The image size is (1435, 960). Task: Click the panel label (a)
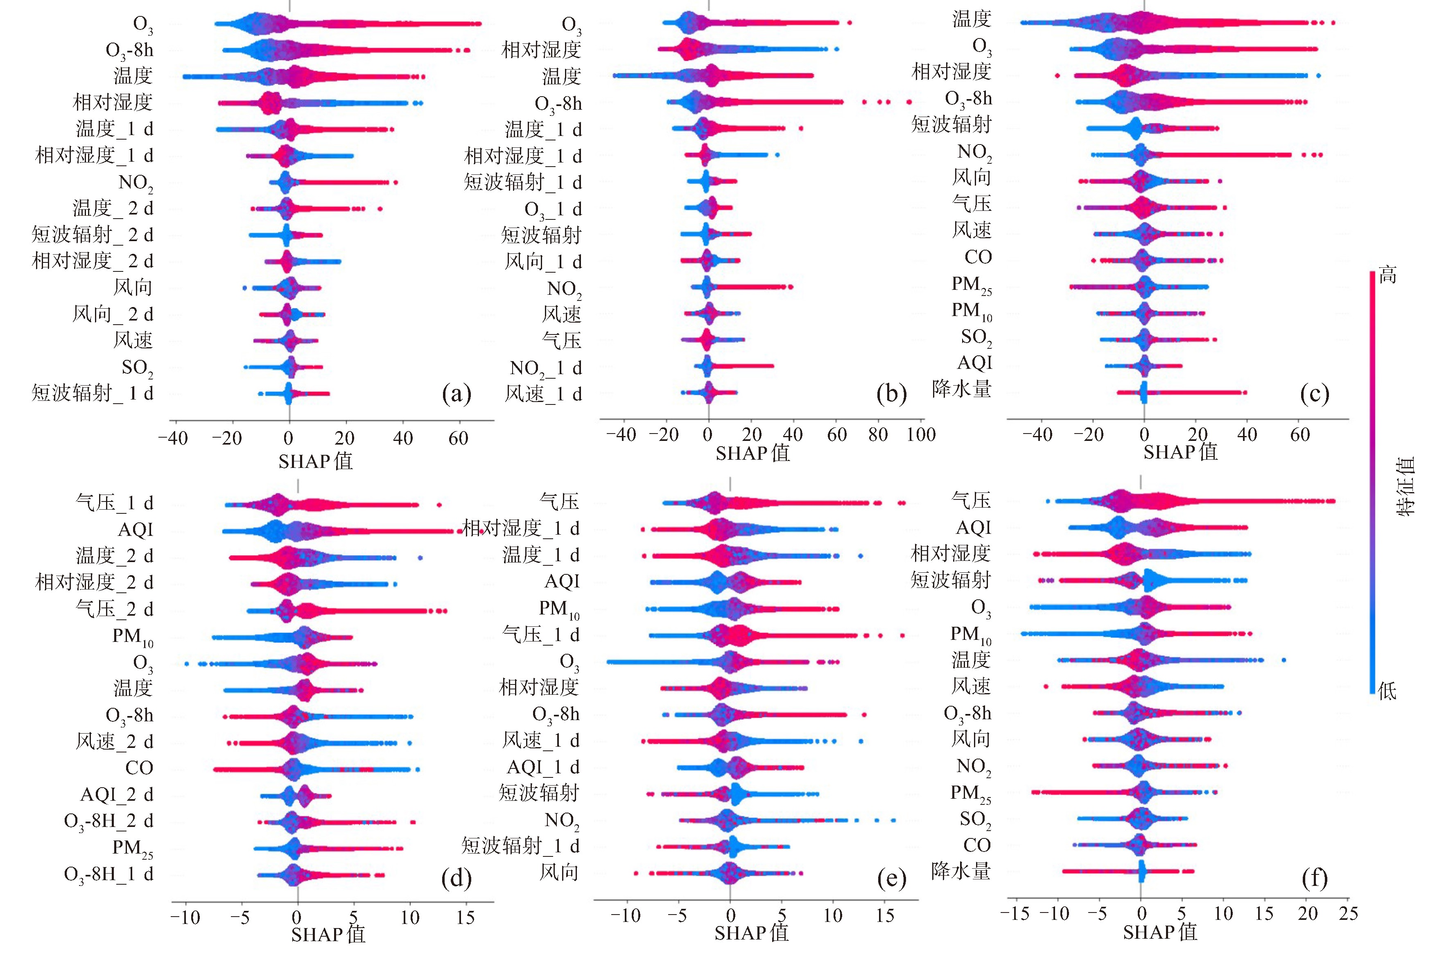(456, 394)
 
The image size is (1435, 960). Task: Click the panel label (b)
(891, 394)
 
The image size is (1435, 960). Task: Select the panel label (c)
(1314, 394)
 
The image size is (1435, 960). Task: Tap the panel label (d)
(456, 878)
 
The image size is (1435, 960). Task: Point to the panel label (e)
(891, 878)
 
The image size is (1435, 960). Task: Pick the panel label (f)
(1314, 878)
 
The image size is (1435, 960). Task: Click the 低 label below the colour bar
(1387, 691)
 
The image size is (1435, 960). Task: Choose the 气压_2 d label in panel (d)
(114, 609)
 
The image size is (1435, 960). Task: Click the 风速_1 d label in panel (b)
(542, 394)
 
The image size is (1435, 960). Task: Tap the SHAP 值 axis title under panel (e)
(751, 933)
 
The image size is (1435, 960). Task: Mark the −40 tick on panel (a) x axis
(173, 438)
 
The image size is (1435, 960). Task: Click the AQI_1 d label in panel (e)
(543, 767)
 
